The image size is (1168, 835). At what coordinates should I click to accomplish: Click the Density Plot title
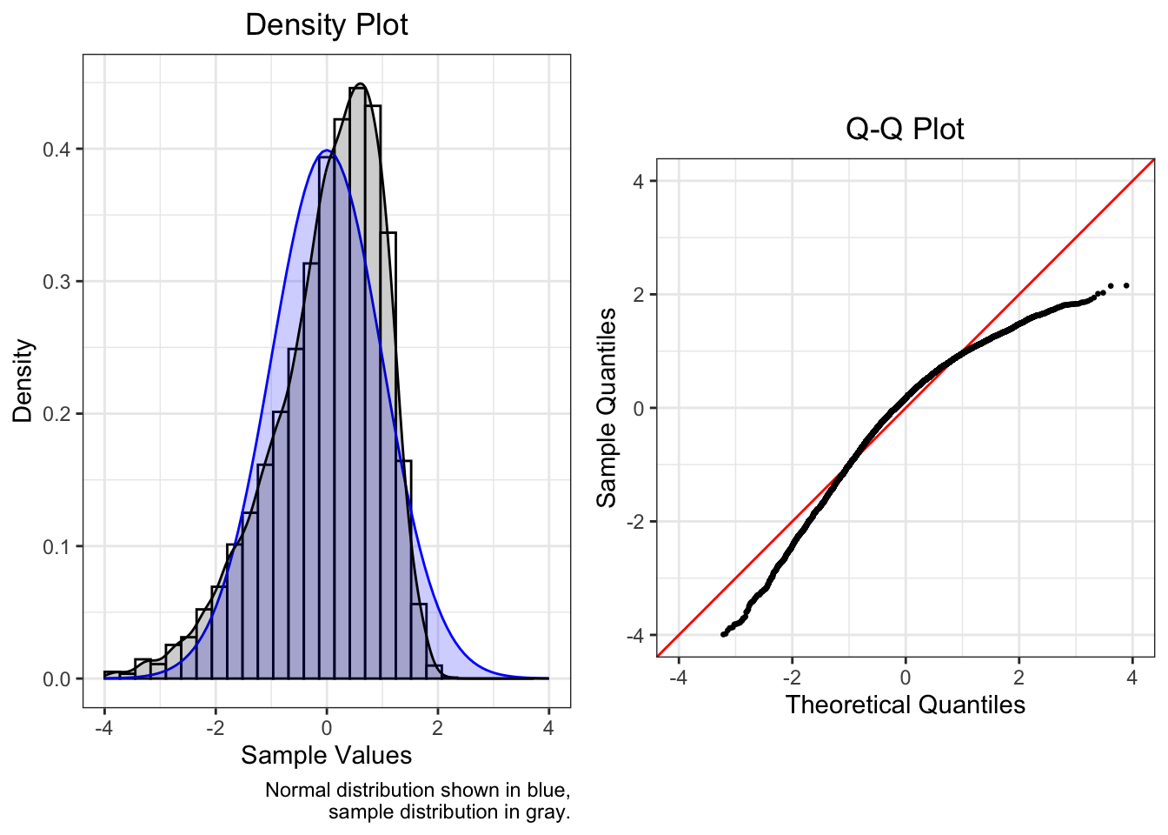326,24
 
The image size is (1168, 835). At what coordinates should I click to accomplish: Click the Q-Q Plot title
905,129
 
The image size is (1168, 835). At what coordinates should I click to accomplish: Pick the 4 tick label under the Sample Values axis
548,728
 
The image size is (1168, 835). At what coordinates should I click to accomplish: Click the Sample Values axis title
326,755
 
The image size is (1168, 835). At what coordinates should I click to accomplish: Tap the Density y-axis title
23,381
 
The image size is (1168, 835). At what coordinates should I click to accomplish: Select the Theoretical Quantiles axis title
905,705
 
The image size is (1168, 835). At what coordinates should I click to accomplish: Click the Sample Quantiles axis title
606,407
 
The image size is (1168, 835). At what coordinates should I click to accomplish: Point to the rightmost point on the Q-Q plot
1126,285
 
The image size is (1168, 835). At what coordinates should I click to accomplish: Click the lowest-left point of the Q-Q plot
723,635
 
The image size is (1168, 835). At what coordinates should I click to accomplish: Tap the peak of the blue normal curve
326,150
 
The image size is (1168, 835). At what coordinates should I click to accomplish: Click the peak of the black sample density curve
360,84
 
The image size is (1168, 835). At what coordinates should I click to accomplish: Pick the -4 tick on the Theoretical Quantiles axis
679,660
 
